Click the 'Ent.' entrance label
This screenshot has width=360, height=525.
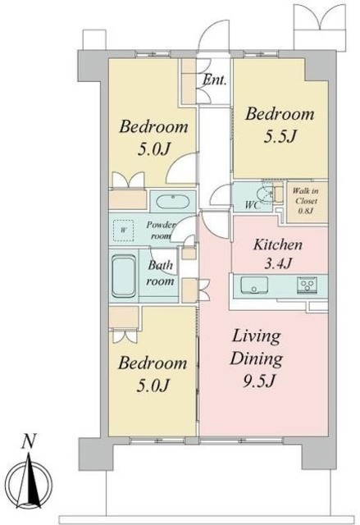point(215,80)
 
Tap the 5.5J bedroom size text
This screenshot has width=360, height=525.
point(280,136)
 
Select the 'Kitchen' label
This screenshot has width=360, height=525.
point(278,244)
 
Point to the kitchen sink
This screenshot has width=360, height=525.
point(254,285)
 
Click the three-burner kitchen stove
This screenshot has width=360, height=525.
point(308,285)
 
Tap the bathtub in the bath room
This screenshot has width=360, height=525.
point(124,276)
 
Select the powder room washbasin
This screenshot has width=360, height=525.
point(173,202)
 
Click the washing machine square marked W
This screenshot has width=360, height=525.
point(124,231)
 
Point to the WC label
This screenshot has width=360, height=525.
point(253,205)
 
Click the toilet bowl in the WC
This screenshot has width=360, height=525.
point(266,195)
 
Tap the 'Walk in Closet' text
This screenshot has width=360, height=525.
point(305,196)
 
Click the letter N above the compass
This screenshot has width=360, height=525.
point(29,441)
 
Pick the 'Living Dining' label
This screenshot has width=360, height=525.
point(257,347)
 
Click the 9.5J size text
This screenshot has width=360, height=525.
point(258,381)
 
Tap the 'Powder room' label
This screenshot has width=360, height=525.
point(161,230)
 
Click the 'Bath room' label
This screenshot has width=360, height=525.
point(161,273)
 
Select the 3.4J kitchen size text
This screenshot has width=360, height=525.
point(278,263)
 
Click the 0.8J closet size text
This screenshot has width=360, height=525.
point(305,212)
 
